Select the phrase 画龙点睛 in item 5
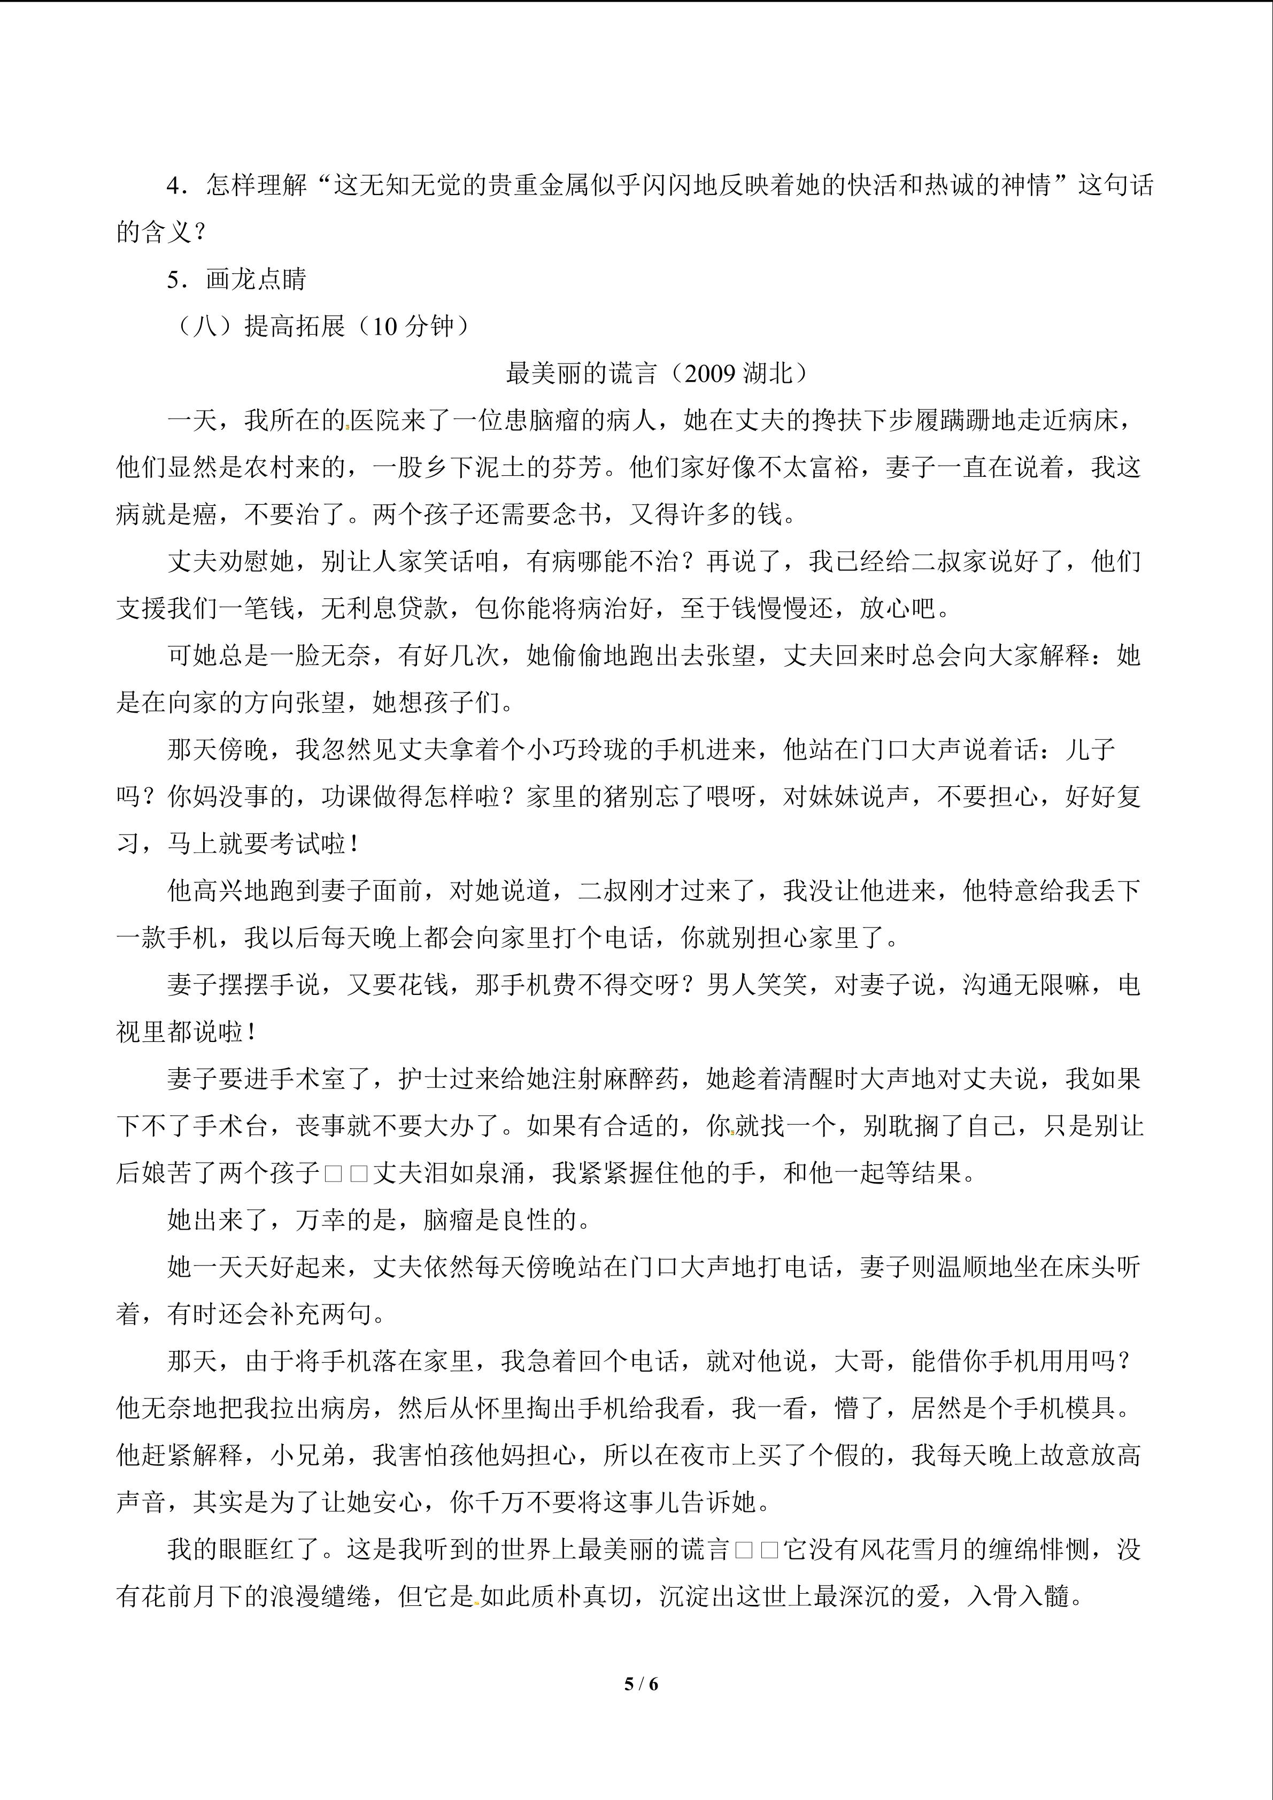point(256,279)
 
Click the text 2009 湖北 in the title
point(738,373)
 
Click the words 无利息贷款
point(385,608)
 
